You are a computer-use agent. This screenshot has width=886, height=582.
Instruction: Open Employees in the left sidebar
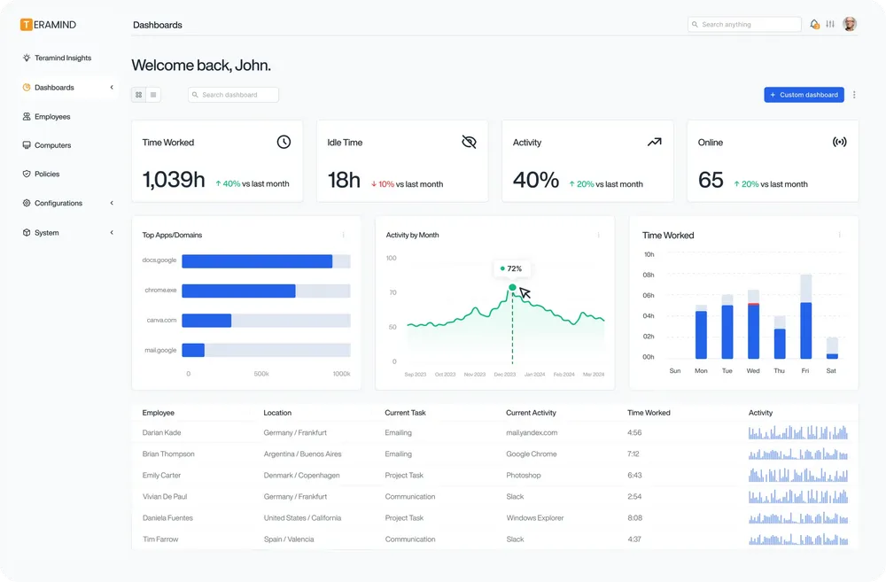click(x=51, y=117)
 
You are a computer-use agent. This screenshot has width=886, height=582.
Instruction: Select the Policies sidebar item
click(x=46, y=175)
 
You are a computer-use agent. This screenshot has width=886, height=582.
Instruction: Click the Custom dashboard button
click(x=804, y=95)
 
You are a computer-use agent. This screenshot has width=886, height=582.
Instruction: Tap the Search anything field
click(x=744, y=25)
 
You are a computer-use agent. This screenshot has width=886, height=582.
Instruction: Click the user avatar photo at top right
click(x=850, y=24)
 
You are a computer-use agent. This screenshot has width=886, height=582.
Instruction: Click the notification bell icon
click(x=814, y=25)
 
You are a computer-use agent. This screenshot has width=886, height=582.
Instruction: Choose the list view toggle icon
click(x=153, y=95)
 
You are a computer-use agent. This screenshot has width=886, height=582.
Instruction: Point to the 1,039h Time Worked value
click(x=174, y=180)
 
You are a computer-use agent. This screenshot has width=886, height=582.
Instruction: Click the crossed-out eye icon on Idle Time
click(x=469, y=142)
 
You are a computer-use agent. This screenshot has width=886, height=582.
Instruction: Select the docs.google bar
click(x=257, y=261)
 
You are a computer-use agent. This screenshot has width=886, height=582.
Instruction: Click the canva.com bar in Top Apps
click(x=206, y=321)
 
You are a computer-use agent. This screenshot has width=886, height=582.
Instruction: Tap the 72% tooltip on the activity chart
click(x=512, y=268)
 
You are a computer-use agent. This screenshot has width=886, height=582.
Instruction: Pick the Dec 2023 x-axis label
click(x=504, y=375)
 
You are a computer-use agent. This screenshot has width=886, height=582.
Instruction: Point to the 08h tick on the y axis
click(x=649, y=275)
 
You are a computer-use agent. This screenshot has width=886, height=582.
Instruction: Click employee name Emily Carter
click(x=161, y=476)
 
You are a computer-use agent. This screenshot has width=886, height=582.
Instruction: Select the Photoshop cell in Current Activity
click(x=523, y=476)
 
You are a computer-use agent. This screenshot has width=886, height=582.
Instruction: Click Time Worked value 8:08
click(x=634, y=518)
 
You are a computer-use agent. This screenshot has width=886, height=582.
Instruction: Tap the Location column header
click(x=277, y=413)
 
